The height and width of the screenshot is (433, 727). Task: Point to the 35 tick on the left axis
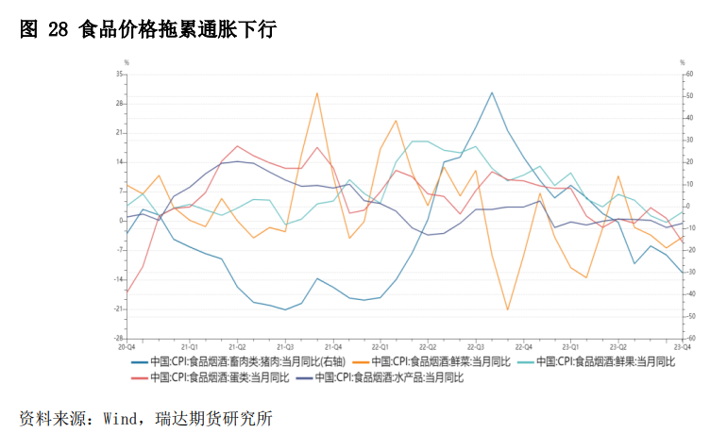coord(120,74)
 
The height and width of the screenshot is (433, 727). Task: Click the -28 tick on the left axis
coord(120,338)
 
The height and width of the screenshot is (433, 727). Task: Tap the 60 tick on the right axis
coord(690,74)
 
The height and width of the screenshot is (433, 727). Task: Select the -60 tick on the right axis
coord(690,338)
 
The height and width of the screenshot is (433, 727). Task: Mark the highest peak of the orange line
coord(317,92)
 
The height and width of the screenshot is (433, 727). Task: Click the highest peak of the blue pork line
coord(492,92)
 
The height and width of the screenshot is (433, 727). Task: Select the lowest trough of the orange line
coord(507,309)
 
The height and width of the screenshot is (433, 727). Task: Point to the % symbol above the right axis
coord(683,62)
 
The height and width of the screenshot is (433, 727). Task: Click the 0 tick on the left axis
coord(121,221)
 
